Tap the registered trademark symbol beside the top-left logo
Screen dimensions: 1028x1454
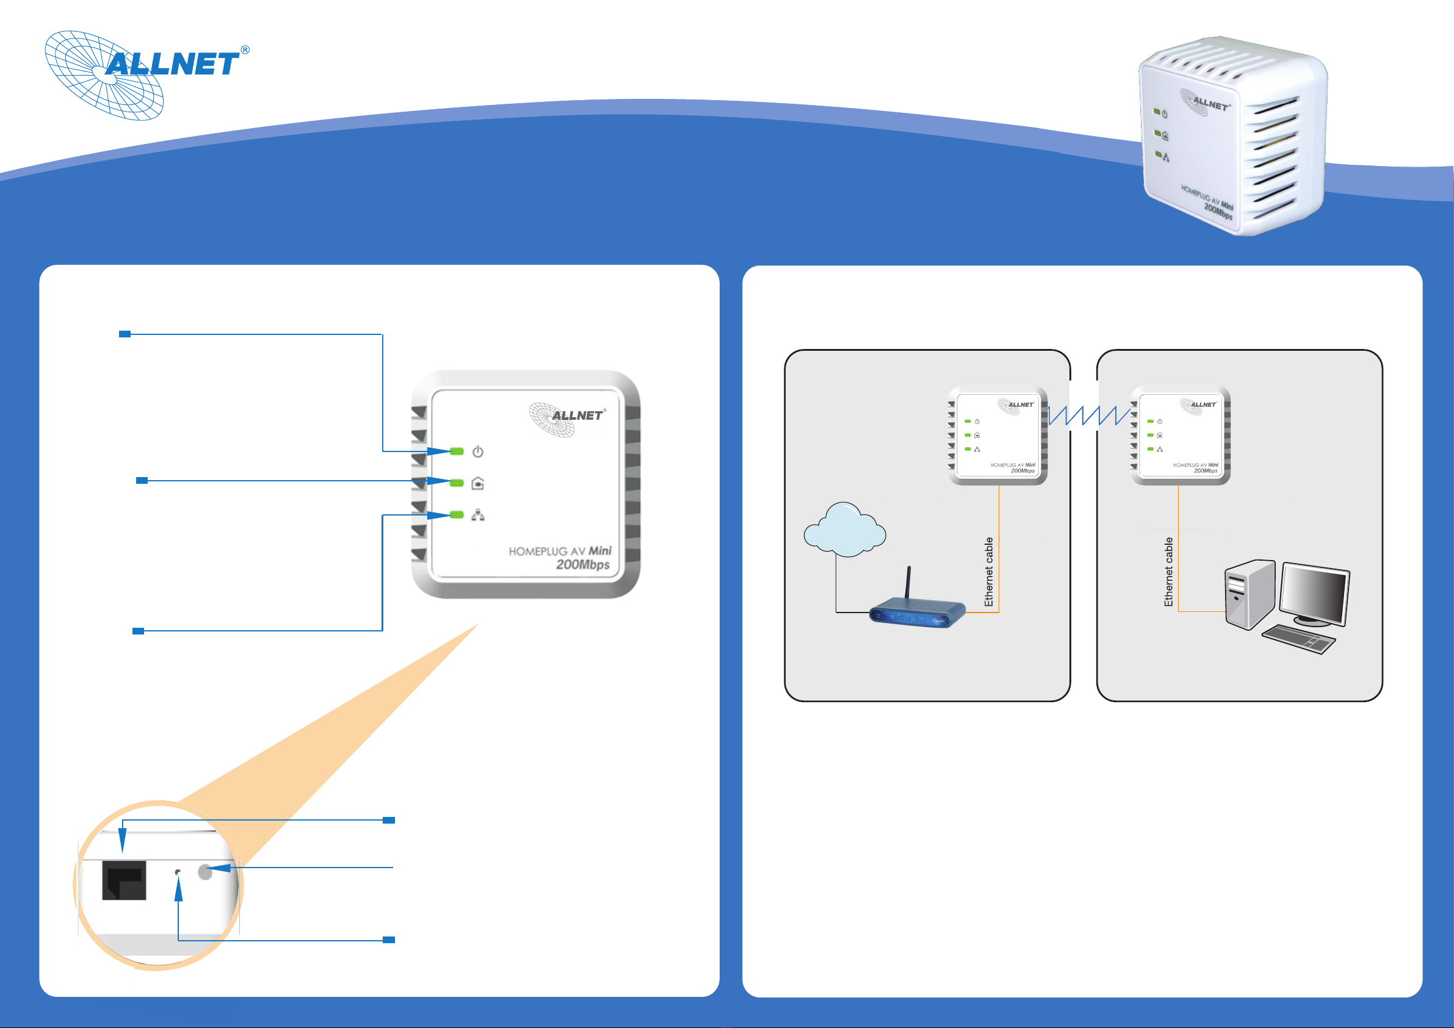[245, 50]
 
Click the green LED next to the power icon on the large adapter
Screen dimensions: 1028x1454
[456, 451]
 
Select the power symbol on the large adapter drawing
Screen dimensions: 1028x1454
[478, 451]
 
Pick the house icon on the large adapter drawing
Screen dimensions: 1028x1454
[478, 484]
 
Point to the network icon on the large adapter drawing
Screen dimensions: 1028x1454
[478, 516]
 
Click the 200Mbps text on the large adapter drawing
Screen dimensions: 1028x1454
[582, 565]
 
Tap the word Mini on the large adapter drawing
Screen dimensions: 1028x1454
[599, 551]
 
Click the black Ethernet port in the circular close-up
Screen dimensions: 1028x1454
[124, 879]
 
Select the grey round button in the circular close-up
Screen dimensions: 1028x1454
[205, 872]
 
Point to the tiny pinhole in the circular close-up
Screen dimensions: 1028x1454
[177, 872]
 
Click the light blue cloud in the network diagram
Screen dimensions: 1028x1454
[844, 530]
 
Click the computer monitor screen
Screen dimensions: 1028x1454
[1314, 595]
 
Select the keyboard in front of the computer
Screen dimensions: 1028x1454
[1298, 639]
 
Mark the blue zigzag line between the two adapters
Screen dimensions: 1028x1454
[1089, 416]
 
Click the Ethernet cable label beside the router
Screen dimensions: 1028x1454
[988, 572]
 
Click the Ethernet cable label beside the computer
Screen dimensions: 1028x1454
[1168, 572]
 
